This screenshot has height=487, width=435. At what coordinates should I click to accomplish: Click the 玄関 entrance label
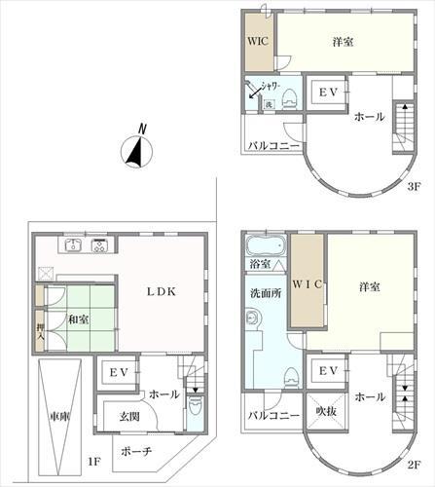(128, 417)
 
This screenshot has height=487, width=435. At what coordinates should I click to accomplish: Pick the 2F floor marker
(415, 465)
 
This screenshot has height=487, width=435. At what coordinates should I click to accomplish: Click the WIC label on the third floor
(257, 42)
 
